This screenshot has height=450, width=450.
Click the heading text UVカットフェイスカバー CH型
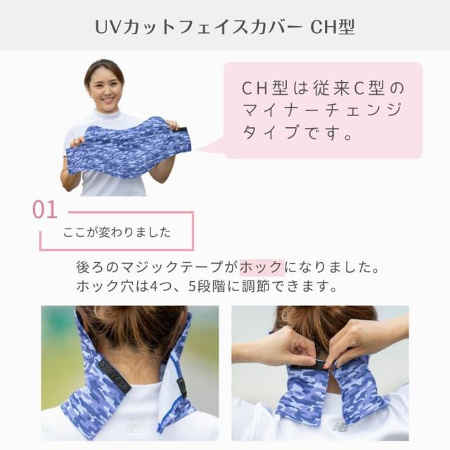(x=225, y=27)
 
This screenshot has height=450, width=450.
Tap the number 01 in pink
(x=46, y=210)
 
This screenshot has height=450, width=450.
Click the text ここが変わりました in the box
(x=117, y=232)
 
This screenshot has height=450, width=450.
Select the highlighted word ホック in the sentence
(x=261, y=268)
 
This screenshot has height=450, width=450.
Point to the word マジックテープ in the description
(x=178, y=268)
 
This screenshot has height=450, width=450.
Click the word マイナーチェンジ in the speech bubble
(x=323, y=110)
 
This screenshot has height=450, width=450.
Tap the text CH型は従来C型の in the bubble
(x=323, y=89)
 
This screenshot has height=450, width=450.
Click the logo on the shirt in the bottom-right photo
(x=340, y=425)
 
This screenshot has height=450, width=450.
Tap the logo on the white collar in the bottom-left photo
(x=134, y=427)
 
